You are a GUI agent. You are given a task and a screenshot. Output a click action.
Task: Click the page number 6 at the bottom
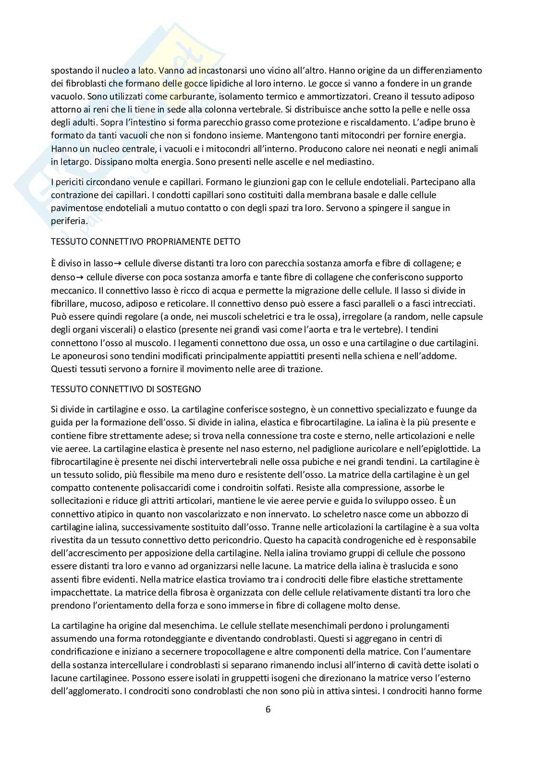(x=268, y=709)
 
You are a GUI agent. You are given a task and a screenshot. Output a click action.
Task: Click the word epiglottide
(x=443, y=449)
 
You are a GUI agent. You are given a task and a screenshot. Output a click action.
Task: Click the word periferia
(x=68, y=222)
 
